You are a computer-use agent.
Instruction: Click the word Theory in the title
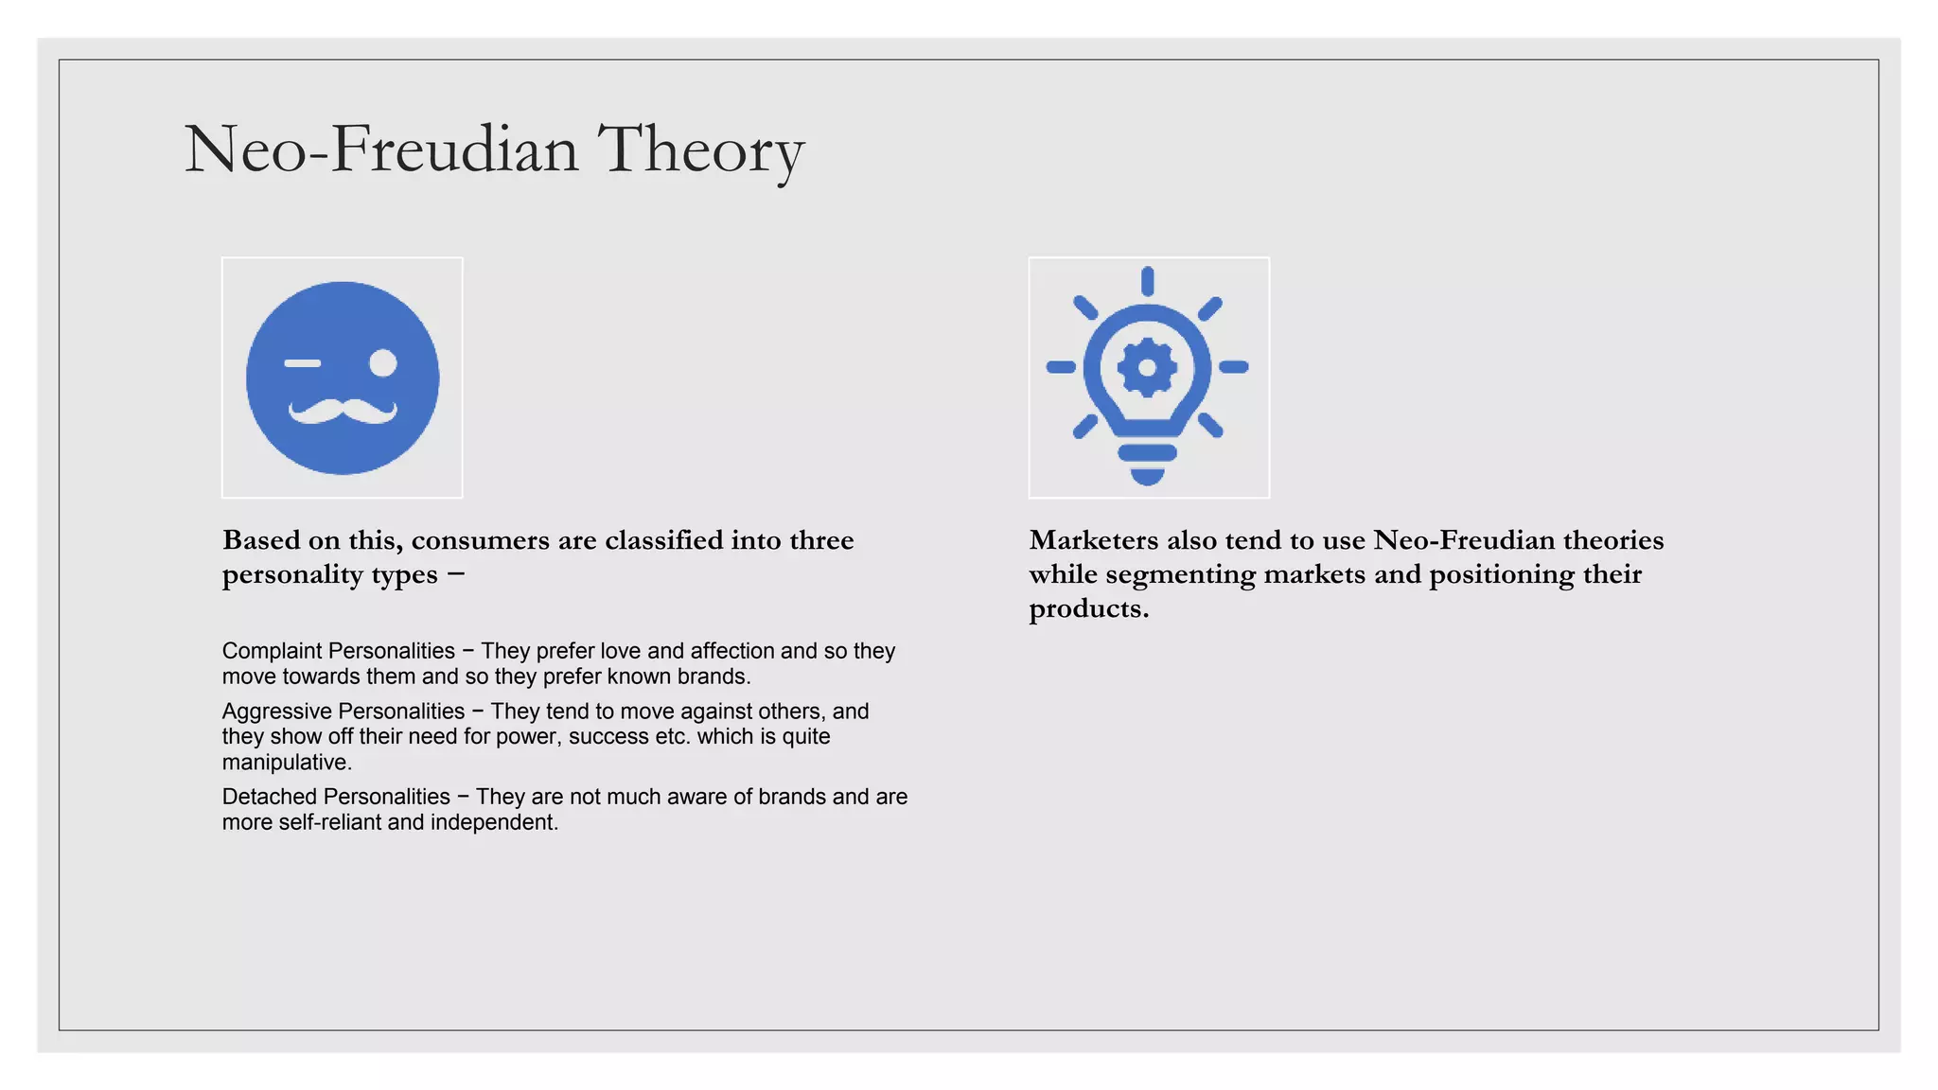click(x=700, y=149)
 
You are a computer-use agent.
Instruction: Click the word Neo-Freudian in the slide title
click(x=380, y=149)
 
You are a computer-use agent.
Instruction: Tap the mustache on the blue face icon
click(x=343, y=412)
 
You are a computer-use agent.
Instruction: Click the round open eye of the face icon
click(x=382, y=363)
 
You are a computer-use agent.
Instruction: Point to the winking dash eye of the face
click(x=303, y=363)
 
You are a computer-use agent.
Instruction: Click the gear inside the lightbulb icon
click(x=1147, y=366)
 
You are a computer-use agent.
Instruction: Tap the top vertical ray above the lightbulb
click(x=1147, y=281)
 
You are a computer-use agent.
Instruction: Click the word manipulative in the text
click(x=285, y=763)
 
